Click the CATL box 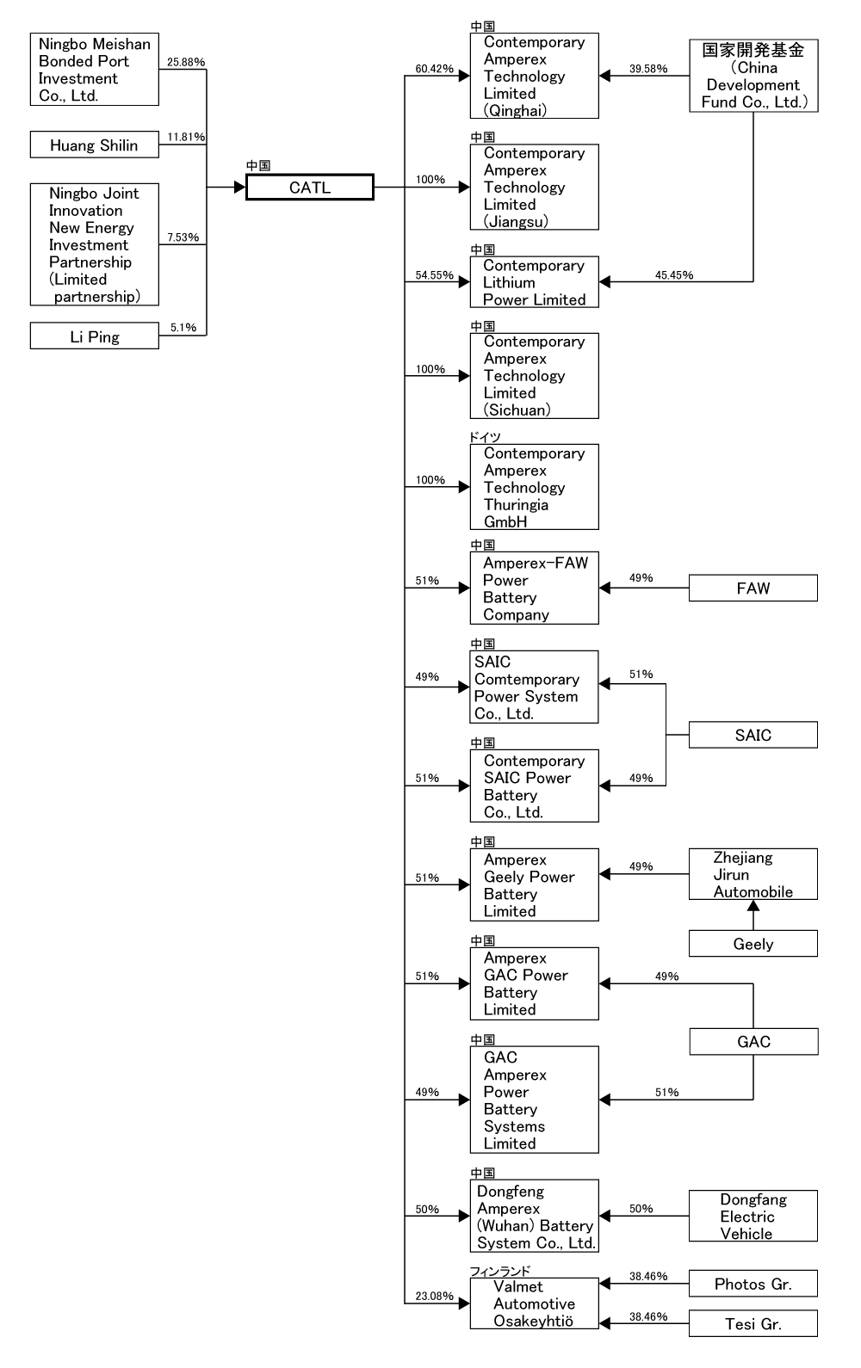(310, 187)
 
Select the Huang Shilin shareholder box (95, 145)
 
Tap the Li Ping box (95, 336)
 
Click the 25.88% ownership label (186, 62)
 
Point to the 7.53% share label (183, 237)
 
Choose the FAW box (753, 588)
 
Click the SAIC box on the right (753, 735)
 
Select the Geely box (753, 944)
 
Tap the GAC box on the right (753, 1042)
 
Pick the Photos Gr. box (753, 1284)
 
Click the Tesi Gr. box (753, 1323)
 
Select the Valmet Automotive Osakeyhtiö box (534, 1303)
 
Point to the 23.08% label (435, 1296)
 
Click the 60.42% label (435, 69)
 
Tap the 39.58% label (648, 69)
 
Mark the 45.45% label (674, 275)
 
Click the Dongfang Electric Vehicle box (753, 1216)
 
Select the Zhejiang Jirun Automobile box (753, 874)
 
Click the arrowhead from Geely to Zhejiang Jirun (753, 906)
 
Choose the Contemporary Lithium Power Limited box (534, 282)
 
